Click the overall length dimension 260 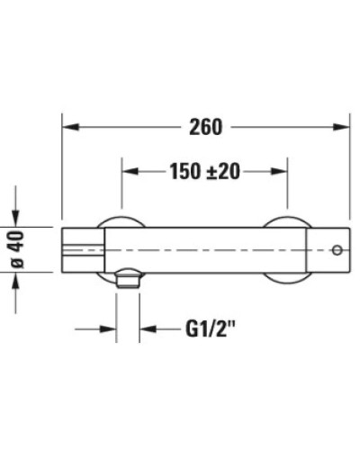(206, 127)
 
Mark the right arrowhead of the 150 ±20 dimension (282, 171)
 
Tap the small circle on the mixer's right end (337, 249)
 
